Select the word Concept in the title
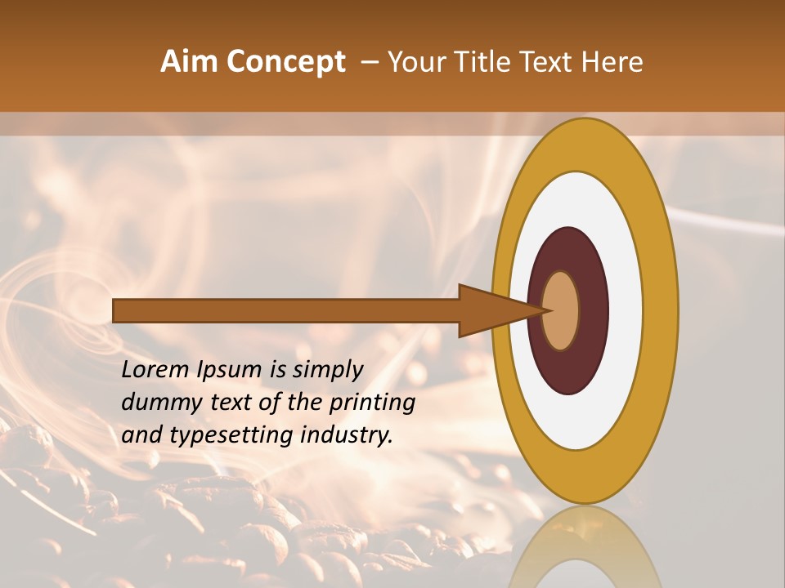point(285,61)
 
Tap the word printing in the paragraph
point(372,402)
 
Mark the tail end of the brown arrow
point(115,310)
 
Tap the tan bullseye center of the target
point(561,310)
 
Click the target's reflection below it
point(585,547)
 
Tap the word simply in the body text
point(327,369)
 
